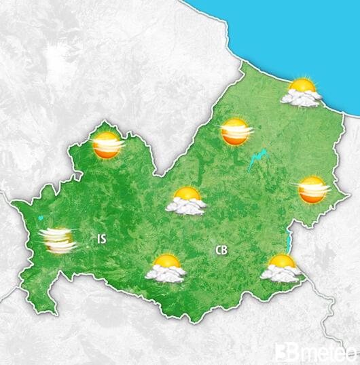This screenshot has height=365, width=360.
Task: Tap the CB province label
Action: click(x=221, y=250)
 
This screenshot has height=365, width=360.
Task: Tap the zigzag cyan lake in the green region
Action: click(x=257, y=161)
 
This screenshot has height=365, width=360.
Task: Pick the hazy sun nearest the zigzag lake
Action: click(x=235, y=131)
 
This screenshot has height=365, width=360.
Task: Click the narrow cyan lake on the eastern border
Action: click(x=291, y=239)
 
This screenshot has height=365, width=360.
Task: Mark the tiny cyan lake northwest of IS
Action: click(x=41, y=218)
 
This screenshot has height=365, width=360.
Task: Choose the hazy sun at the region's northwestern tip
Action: click(x=107, y=146)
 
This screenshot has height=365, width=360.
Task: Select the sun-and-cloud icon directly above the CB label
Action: click(x=187, y=201)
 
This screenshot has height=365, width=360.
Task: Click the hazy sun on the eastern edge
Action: click(x=312, y=190)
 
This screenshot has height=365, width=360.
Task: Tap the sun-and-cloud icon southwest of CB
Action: click(x=166, y=268)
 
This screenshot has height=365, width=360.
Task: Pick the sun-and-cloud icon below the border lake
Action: click(x=281, y=267)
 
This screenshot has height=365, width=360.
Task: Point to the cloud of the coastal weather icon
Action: click(x=302, y=99)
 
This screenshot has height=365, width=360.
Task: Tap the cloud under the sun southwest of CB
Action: click(x=166, y=274)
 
